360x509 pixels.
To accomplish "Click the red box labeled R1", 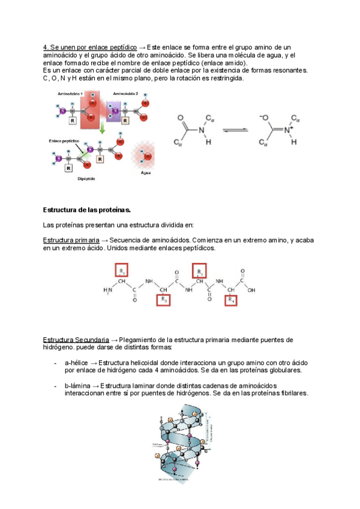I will click(122, 271).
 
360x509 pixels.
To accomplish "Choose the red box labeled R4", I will click(233, 300).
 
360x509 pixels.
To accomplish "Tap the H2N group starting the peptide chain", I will click(108, 291).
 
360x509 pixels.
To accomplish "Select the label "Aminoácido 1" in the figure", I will click(70, 94).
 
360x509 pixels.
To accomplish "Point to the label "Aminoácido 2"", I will click(125, 94).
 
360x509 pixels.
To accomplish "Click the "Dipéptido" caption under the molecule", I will click(88, 178).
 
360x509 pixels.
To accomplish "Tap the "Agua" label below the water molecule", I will click(146, 173).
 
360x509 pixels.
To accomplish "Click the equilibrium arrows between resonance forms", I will click(235, 129).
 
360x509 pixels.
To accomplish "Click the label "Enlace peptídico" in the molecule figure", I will click(62, 140).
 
